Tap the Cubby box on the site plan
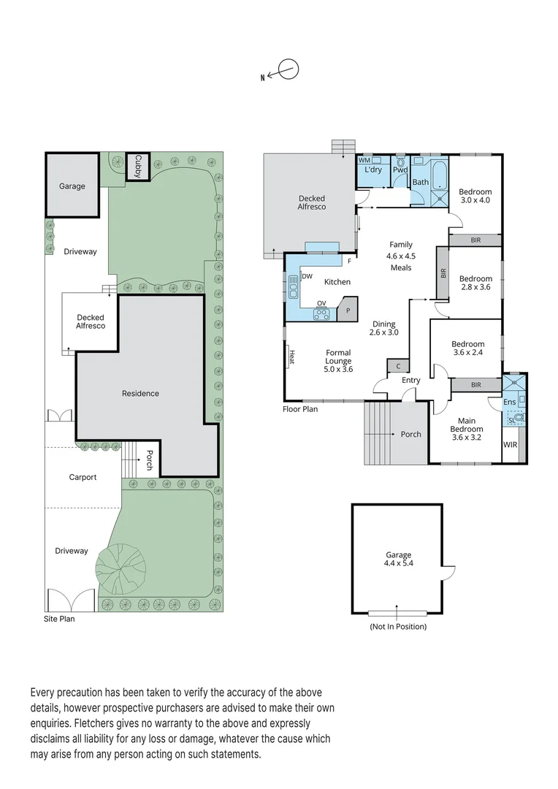tap(137, 166)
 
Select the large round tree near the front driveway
tap(121, 569)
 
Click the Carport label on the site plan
tap(83, 477)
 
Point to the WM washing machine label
tap(364, 160)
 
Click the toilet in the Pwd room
tap(400, 162)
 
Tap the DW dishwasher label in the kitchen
tap(307, 276)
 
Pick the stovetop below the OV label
tap(321, 314)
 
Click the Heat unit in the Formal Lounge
tap(291, 357)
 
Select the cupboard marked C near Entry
tap(397, 366)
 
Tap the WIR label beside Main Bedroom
tap(510, 445)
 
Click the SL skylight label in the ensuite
tap(511, 420)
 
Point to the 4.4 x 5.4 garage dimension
tap(399, 563)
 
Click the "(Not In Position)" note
tap(398, 627)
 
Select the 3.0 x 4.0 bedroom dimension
tap(475, 200)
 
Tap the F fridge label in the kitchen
tap(349, 262)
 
